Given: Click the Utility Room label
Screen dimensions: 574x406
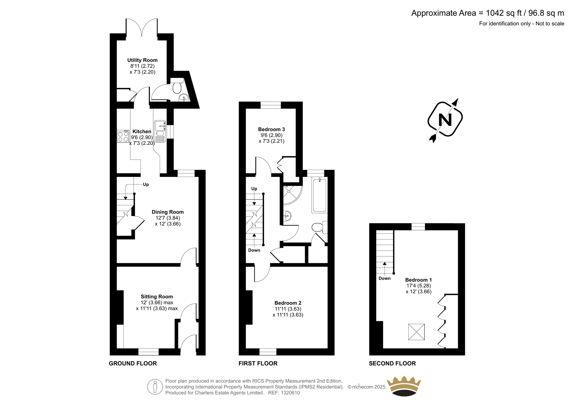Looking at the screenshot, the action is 142,60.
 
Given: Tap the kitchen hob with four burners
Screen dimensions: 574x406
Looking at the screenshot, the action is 123,136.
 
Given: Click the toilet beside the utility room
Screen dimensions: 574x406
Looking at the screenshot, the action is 177,86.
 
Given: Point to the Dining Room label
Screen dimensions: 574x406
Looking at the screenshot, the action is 168,212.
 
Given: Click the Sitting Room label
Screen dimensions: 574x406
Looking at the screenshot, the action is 157,297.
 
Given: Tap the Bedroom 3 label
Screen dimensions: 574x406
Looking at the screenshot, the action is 271,129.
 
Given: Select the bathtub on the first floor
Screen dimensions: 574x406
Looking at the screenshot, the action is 320,195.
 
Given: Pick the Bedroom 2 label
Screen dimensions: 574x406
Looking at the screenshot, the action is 288,303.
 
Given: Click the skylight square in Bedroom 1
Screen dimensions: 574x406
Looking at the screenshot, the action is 417,332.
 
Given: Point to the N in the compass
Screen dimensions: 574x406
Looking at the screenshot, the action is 445,120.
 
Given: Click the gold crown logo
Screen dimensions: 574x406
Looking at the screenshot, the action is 404,386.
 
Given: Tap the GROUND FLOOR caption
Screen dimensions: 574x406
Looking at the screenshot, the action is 133,363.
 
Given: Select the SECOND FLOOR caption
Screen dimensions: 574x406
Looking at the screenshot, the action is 392,363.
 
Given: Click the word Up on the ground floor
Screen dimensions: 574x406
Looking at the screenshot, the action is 146,185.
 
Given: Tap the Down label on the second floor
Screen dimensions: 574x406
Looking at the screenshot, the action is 385,278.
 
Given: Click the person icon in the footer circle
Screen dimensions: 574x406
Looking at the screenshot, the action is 155,387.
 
